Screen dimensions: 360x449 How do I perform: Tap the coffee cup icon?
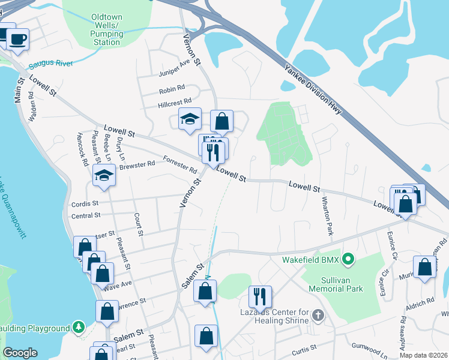[x=17, y=39]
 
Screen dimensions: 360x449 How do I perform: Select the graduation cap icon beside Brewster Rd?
[x=104, y=175]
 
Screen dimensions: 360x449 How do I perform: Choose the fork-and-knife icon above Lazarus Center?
[x=260, y=295]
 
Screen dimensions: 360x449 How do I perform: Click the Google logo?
[x=20, y=353]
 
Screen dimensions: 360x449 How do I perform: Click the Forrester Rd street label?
[x=180, y=164]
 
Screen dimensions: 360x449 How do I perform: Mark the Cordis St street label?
[x=85, y=203]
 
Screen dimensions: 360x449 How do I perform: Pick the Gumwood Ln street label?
[x=370, y=348]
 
